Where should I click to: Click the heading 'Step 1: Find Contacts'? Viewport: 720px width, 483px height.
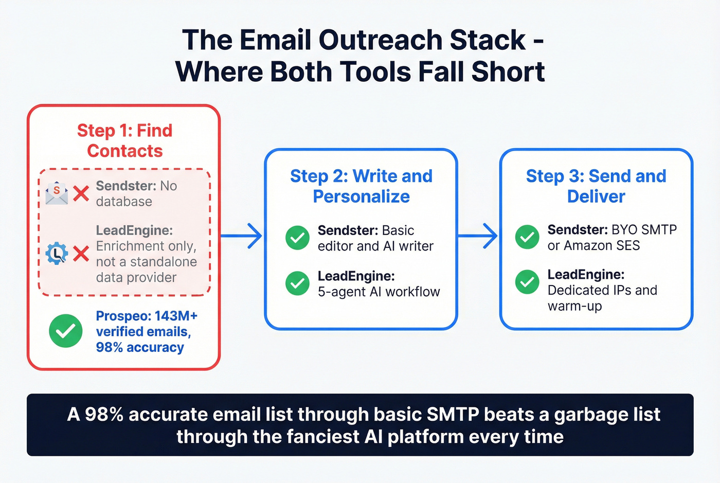tap(124, 140)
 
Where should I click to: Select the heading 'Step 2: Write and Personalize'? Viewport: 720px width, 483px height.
tap(361, 186)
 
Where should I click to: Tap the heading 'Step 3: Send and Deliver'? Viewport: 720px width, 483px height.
tap(596, 186)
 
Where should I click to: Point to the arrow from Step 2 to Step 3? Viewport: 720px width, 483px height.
tap(478, 236)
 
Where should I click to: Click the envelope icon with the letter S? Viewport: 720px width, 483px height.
tap(57, 193)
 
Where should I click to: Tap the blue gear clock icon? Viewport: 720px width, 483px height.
tap(57, 253)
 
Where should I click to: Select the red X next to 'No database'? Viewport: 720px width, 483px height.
tap(81, 193)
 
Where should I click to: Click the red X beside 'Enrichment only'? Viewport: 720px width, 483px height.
tap(81, 253)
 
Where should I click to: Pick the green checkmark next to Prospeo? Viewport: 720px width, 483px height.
tap(66, 331)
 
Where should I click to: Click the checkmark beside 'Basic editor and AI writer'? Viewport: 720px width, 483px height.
tap(297, 238)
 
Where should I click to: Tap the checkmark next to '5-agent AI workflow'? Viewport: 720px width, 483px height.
tap(297, 283)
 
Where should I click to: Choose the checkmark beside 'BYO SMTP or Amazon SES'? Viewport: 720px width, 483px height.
tap(527, 237)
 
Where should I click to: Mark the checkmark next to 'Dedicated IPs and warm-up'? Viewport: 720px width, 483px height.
tap(527, 282)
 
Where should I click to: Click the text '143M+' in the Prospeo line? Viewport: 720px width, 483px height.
tap(176, 316)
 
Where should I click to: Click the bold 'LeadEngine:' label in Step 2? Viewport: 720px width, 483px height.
tap(356, 276)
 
